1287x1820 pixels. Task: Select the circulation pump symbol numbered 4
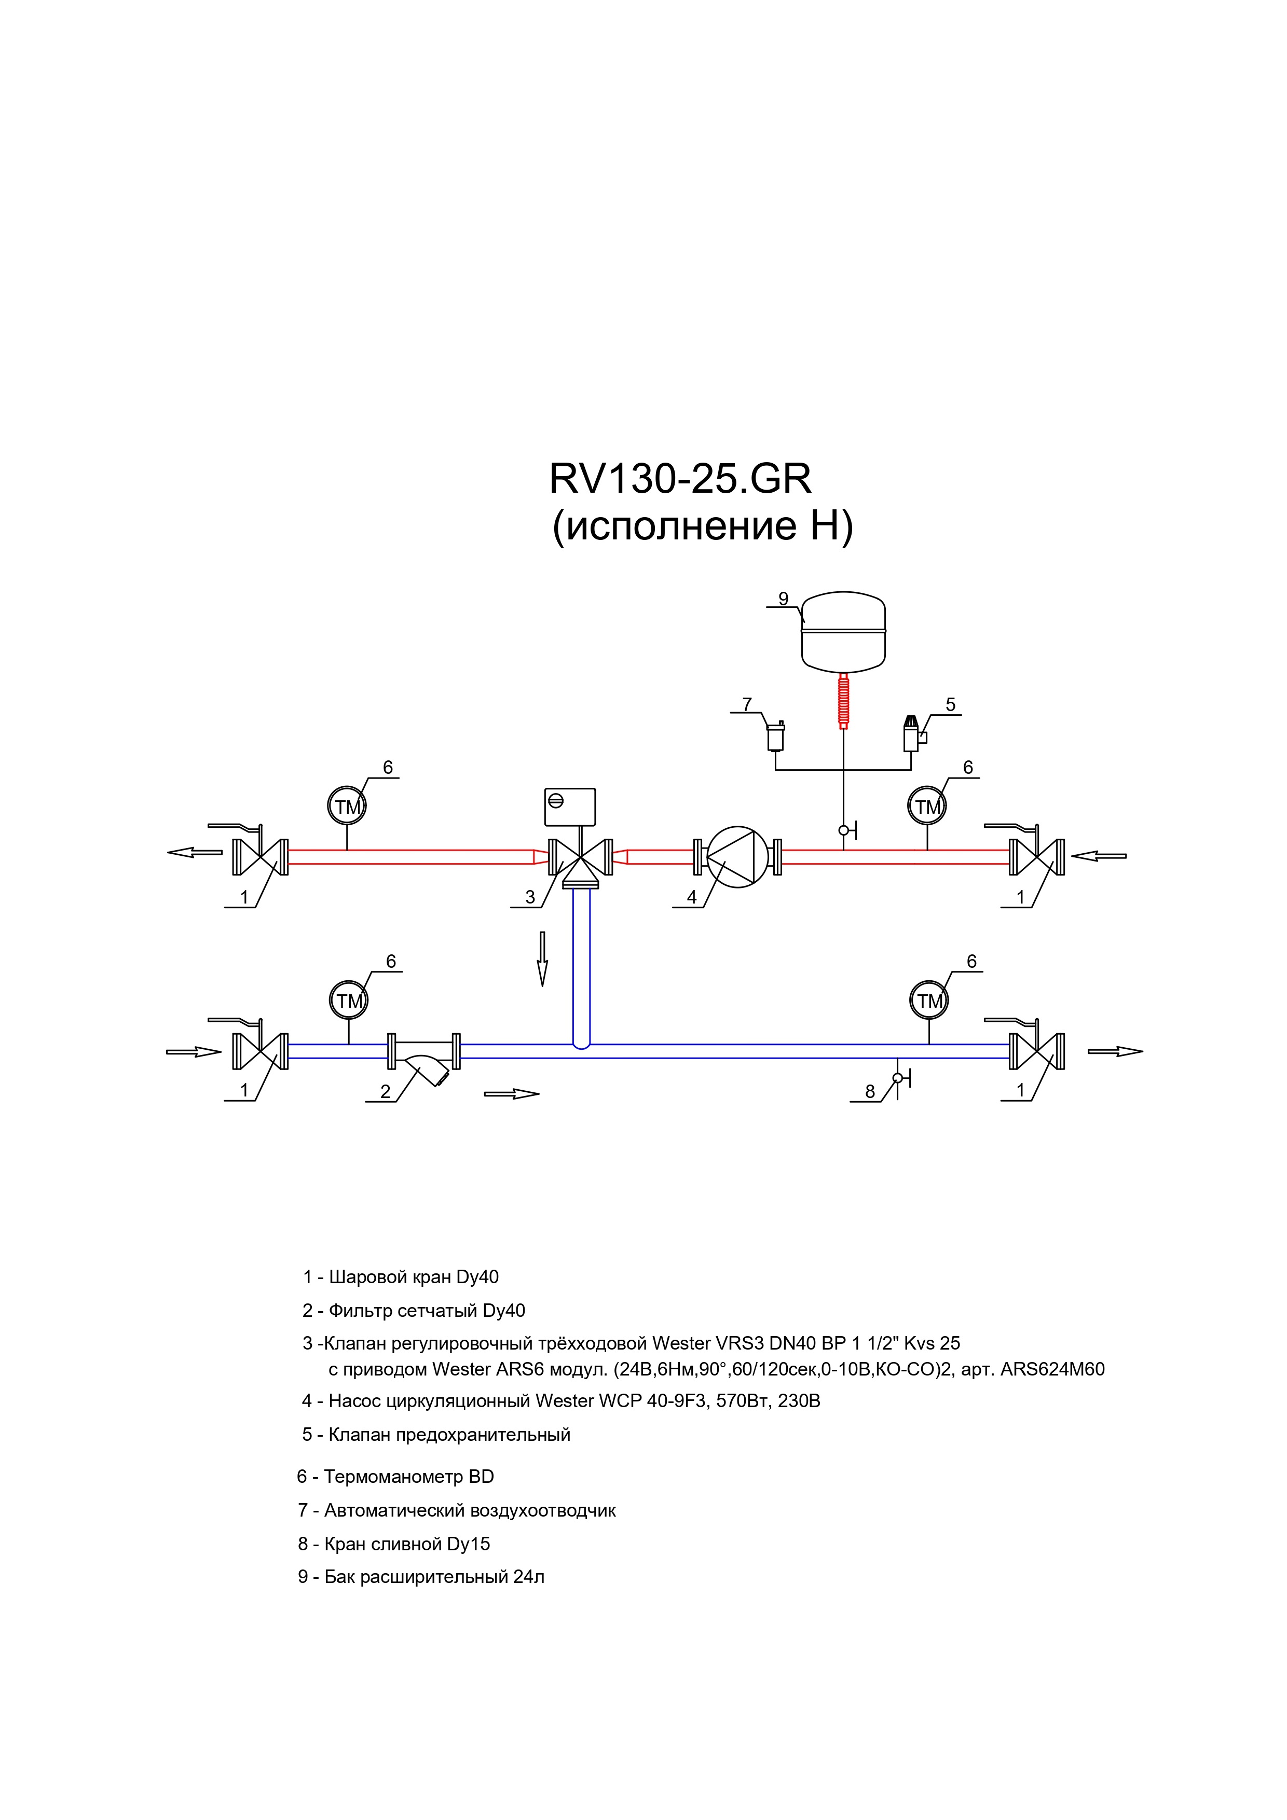[737, 857]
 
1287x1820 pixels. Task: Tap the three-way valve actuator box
[570, 807]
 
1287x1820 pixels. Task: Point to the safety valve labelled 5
[913, 733]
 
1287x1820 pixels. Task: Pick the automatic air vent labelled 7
[775, 735]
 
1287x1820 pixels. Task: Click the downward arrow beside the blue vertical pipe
[542, 958]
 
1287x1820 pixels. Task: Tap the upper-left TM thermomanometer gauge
[347, 806]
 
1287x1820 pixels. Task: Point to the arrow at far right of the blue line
[1115, 1052]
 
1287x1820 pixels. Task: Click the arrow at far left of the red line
[195, 852]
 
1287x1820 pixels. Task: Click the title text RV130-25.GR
[680, 479]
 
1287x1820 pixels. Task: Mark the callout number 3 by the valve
[530, 897]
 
